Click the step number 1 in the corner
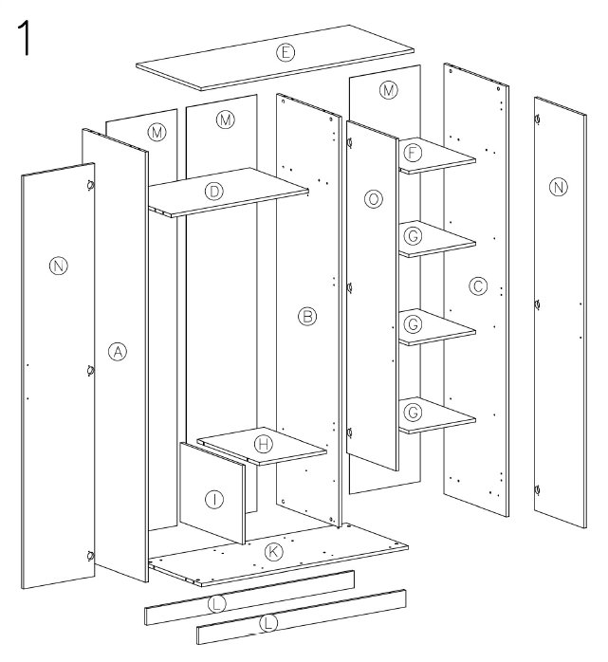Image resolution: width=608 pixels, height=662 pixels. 24,39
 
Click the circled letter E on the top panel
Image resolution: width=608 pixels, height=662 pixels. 286,53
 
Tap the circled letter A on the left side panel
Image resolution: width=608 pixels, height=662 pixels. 118,351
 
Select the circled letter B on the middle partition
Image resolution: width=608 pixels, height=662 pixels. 307,316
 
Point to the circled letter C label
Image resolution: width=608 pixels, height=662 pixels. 478,286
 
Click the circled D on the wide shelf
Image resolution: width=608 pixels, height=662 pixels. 214,192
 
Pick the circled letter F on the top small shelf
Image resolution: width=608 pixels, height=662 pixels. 413,153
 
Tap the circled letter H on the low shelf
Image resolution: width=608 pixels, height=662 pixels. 264,444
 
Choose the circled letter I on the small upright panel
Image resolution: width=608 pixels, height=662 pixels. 214,500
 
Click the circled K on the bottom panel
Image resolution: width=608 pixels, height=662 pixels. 273,552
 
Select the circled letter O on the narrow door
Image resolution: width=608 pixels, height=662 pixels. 374,199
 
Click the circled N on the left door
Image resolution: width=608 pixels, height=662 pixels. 59,266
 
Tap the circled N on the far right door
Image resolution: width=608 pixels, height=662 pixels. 558,187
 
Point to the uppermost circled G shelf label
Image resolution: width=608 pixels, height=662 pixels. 413,236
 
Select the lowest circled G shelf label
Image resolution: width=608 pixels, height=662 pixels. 413,412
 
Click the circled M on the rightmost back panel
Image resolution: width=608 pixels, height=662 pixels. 389,90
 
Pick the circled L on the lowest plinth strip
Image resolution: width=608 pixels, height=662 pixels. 269,623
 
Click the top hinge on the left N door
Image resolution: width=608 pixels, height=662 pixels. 90,185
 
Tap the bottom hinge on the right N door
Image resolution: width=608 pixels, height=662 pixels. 537,490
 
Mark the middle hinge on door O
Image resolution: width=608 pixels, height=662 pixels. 349,288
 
